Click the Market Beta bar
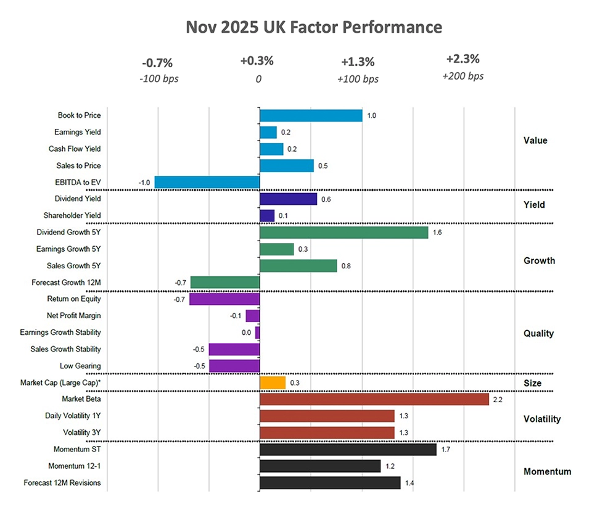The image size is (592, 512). pos(374,400)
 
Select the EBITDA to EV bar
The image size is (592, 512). pos(207,182)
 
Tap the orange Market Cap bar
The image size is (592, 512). pos(273,383)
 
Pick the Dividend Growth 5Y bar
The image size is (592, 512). pos(343,233)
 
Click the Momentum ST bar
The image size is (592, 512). pos(348,450)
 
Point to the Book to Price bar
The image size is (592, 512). pos(311,115)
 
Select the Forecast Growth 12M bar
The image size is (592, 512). pos(225,283)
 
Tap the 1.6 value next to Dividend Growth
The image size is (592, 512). pos(438,233)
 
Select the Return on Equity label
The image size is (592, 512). pos(74,299)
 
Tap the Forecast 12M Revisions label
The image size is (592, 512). pos(62,483)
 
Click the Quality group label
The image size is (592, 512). pos(538,333)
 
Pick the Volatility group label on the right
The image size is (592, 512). pos(541,419)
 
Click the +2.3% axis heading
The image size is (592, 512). pos(462,60)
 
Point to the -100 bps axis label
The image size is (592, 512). pos(159,79)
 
